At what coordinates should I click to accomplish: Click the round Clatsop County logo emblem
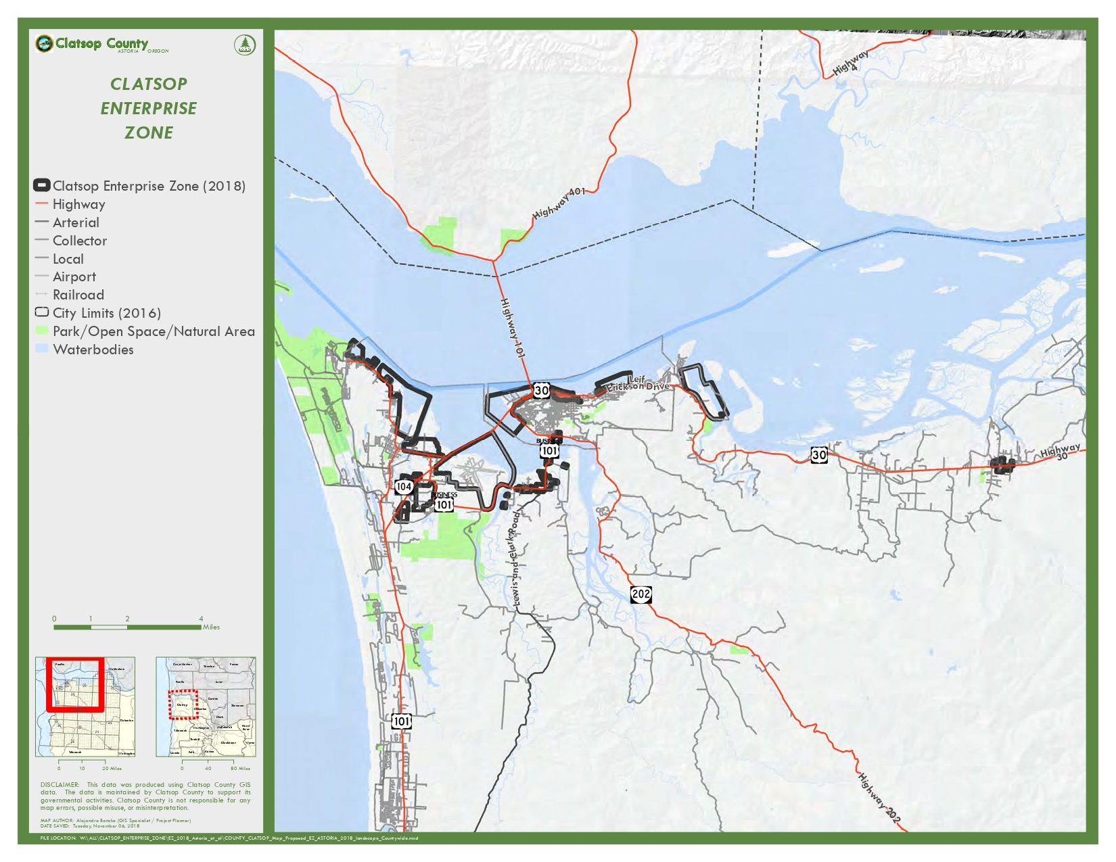point(44,44)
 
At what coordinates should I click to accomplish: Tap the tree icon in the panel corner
point(245,45)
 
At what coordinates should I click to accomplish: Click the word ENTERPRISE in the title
point(149,108)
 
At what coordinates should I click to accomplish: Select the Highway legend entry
point(78,204)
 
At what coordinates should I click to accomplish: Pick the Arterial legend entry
point(76,222)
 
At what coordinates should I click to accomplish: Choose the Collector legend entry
point(79,241)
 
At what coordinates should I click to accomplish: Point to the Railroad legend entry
point(78,295)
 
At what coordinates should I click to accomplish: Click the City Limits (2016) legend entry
point(106,313)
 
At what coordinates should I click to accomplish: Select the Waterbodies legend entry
point(93,350)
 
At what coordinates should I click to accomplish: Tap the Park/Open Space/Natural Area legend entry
point(154,331)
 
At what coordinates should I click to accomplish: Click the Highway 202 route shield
point(641,594)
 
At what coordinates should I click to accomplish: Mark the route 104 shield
point(404,486)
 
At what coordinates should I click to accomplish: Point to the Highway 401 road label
point(559,203)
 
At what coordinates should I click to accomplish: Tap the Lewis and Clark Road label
point(515,558)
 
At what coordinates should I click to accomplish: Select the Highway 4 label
point(851,63)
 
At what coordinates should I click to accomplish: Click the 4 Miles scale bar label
point(206,623)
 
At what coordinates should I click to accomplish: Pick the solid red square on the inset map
point(75,684)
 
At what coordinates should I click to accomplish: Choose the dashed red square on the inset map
point(183,704)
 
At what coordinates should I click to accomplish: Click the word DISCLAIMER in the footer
point(60,785)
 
